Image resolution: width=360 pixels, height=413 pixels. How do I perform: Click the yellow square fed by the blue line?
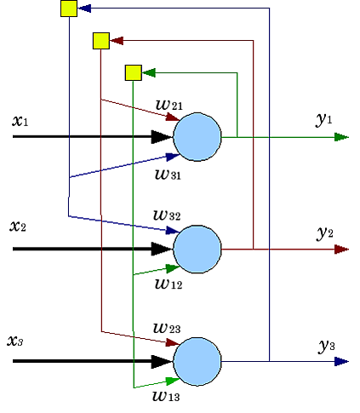(x=69, y=9)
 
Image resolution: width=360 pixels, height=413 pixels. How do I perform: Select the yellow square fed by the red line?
(x=101, y=41)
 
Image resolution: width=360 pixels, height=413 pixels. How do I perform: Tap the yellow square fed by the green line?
(x=134, y=72)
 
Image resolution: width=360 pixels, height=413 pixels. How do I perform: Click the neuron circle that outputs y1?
(x=197, y=137)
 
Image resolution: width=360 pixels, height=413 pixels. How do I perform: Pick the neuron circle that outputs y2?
(x=197, y=249)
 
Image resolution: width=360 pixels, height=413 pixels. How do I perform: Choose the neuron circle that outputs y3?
(x=197, y=361)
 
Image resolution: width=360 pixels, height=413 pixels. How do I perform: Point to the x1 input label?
(x=20, y=121)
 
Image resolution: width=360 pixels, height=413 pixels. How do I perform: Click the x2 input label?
(x=18, y=227)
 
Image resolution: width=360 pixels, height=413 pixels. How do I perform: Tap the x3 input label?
(x=15, y=341)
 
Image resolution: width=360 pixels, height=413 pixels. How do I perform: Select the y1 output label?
(x=323, y=119)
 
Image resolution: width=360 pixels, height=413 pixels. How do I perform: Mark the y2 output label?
(x=325, y=233)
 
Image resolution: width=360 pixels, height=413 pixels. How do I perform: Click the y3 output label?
(x=327, y=346)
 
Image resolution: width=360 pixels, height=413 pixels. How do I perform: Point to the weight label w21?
(x=169, y=105)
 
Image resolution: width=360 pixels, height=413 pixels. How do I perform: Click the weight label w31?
(x=168, y=174)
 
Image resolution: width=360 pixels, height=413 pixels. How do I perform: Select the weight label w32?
(x=167, y=215)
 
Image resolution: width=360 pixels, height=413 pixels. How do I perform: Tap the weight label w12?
(x=169, y=284)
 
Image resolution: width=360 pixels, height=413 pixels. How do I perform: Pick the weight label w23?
(x=167, y=328)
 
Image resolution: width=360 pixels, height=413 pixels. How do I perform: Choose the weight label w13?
(x=166, y=396)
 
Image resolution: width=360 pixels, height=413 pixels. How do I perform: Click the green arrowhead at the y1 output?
(x=341, y=137)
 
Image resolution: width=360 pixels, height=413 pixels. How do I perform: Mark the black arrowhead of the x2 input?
(x=162, y=249)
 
